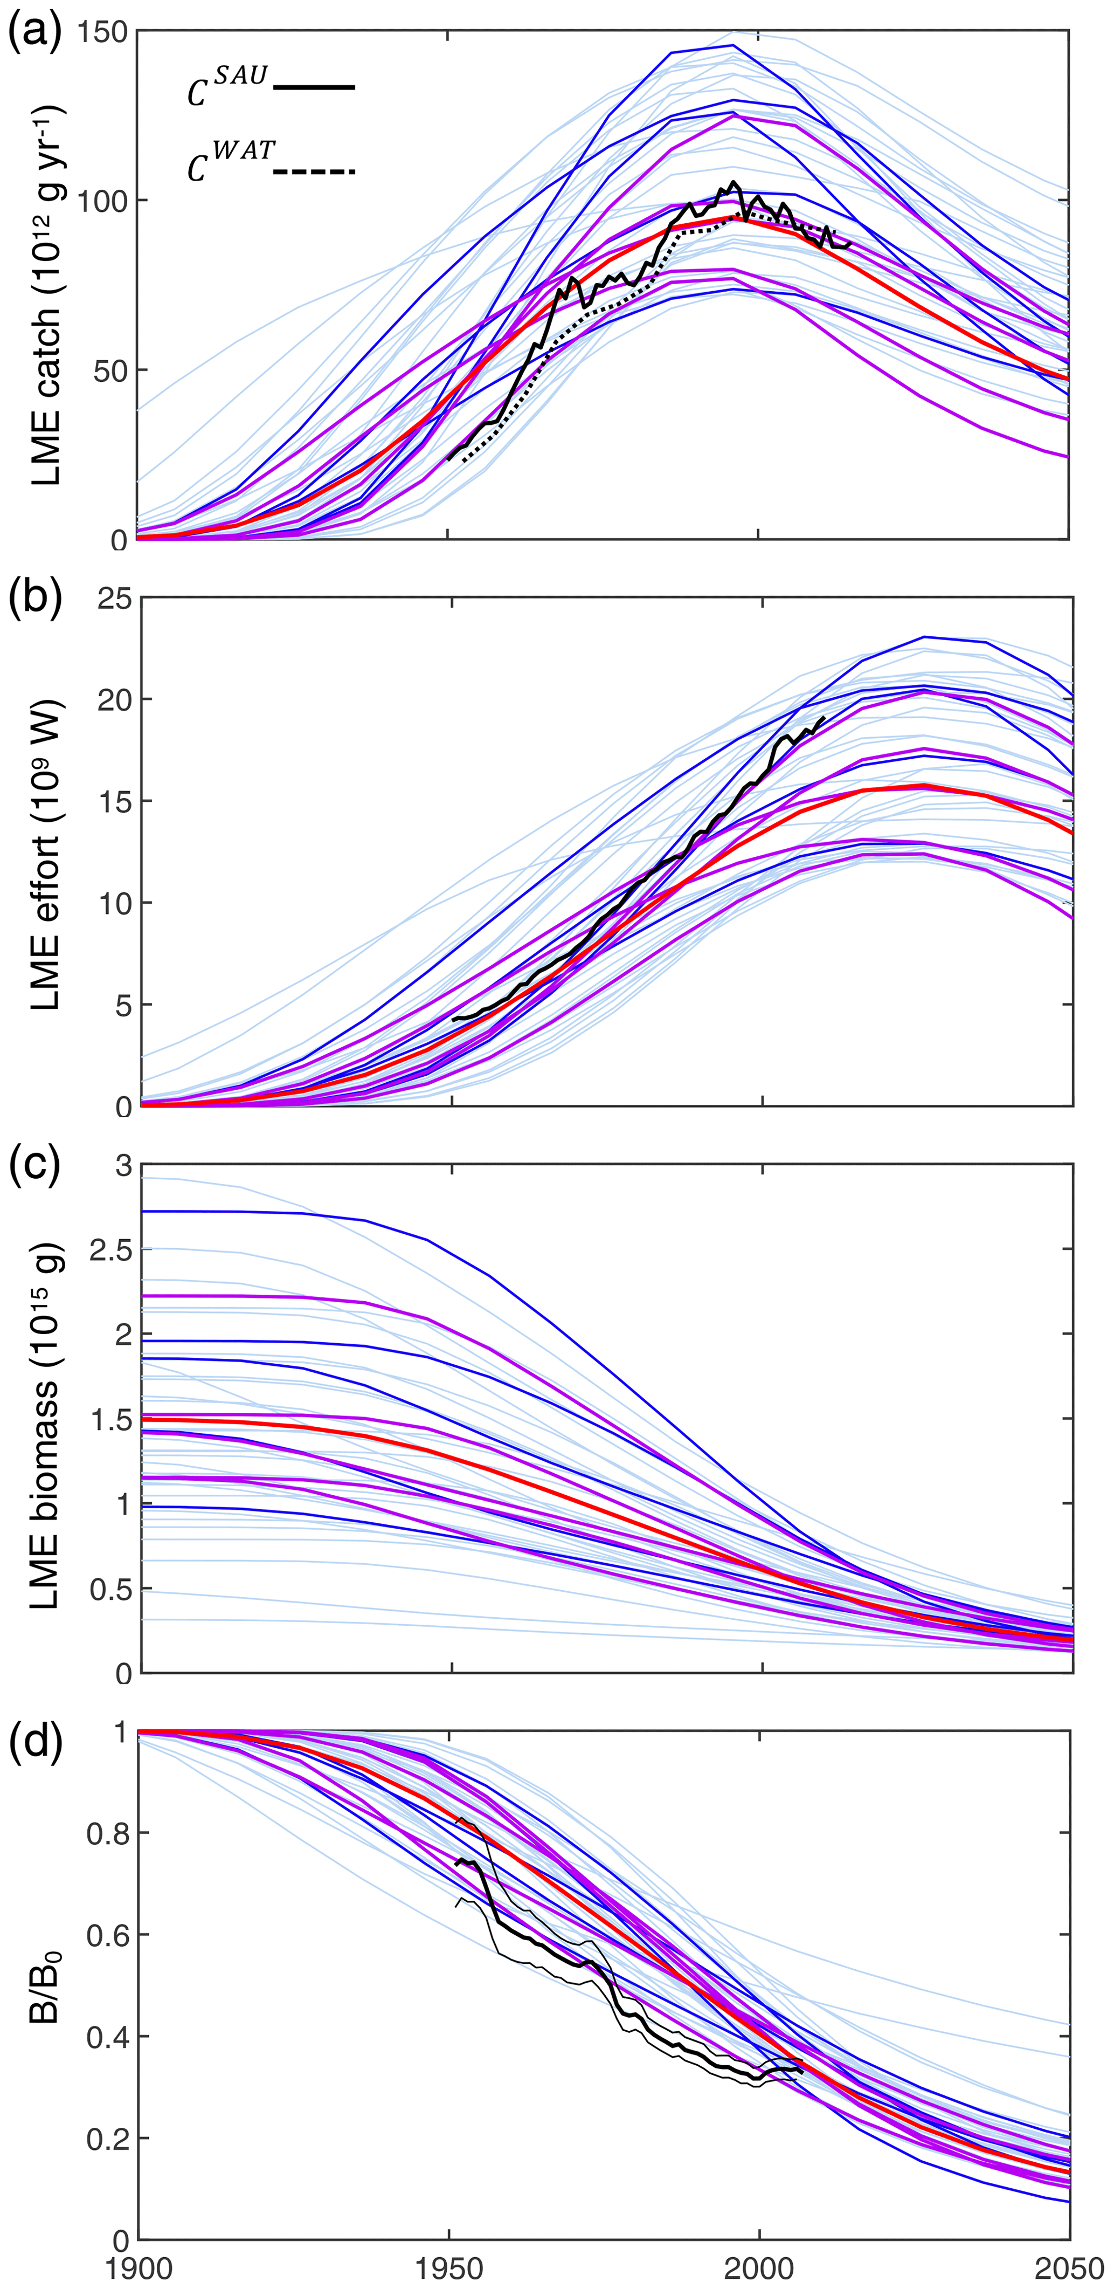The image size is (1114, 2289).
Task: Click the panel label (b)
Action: (x=34, y=601)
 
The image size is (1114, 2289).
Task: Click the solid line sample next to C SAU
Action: (x=315, y=87)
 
